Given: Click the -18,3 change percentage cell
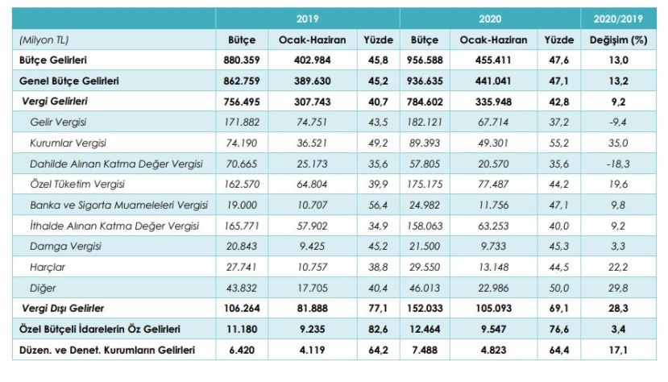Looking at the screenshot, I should click(620, 164).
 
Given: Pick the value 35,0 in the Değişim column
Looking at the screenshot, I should click(620, 143).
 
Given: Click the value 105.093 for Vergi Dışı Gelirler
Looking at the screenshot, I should click(493, 309).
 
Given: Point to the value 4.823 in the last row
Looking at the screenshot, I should click(493, 351).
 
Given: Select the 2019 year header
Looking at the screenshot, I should click(307, 17).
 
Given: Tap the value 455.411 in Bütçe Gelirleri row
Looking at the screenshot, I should click(493, 60).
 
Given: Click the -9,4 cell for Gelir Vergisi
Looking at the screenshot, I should click(620, 122).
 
